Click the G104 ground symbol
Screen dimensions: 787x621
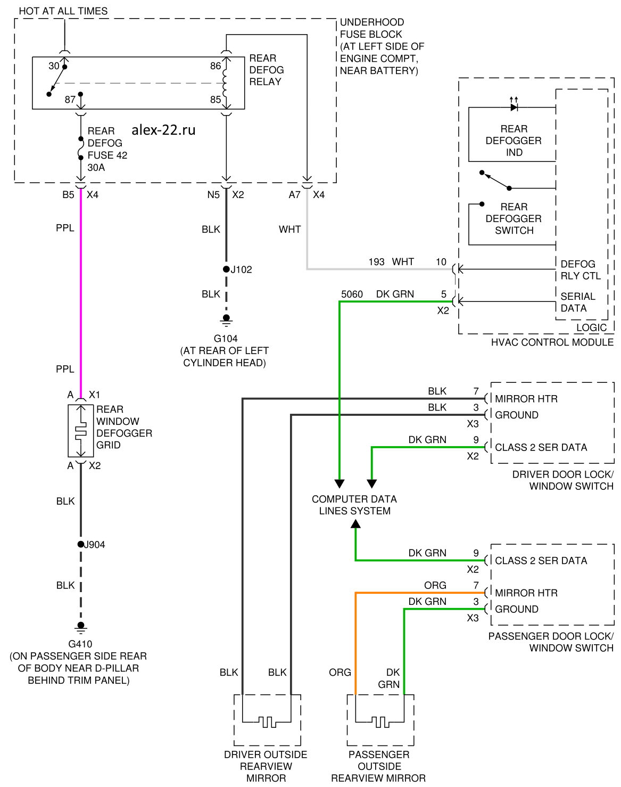(x=226, y=321)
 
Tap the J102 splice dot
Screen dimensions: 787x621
(x=226, y=269)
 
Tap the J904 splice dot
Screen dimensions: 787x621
(x=81, y=544)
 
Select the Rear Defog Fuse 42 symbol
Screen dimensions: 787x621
(x=81, y=149)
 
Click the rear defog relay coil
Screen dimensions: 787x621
(x=226, y=83)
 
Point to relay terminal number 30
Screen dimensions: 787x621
(x=54, y=66)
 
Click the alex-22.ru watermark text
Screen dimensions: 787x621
(x=163, y=130)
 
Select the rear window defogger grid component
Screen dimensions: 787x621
(x=81, y=431)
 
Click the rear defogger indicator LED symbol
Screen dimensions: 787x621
(x=514, y=107)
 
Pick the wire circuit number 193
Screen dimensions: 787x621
(x=376, y=262)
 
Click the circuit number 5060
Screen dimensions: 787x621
(x=352, y=294)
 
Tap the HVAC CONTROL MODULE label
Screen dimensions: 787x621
(x=552, y=342)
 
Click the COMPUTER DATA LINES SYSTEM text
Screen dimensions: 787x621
(x=354, y=505)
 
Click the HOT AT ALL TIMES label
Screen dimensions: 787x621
(x=63, y=11)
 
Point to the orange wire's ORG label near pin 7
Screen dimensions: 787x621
(x=435, y=585)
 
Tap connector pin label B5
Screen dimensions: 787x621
(x=68, y=195)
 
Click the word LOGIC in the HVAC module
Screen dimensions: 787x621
(x=591, y=328)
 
